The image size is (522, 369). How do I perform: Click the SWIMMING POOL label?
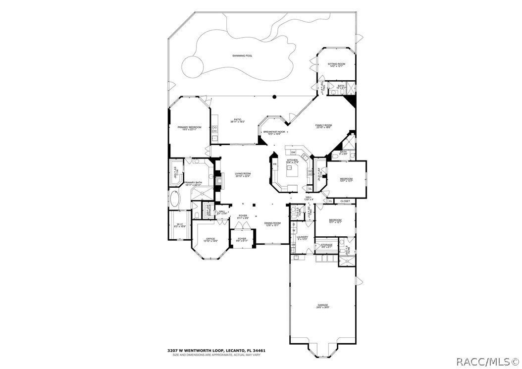click(x=242, y=56)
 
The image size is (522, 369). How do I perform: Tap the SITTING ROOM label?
click(x=337, y=64)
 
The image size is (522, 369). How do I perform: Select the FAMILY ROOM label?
click(x=323, y=125)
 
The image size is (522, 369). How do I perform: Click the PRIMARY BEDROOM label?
click(x=190, y=128)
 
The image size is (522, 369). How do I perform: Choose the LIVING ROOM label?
click(x=243, y=173)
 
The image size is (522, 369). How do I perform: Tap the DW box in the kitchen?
click(x=293, y=152)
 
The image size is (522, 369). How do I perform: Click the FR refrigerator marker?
click(x=275, y=164)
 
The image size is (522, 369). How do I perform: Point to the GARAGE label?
click(x=323, y=305)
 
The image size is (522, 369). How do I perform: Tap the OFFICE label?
click(x=210, y=239)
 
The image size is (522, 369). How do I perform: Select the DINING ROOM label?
click(x=272, y=223)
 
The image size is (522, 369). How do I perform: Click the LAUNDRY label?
click(x=303, y=237)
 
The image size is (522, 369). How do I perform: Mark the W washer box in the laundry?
click(x=294, y=230)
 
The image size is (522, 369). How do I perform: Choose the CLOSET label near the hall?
click(x=345, y=201)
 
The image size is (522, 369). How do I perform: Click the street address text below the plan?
click(x=216, y=351)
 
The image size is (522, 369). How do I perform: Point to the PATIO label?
click(x=238, y=119)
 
